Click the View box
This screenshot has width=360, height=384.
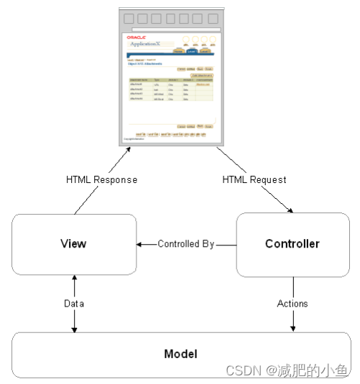click(74, 244)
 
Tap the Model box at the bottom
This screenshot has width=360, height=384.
click(180, 355)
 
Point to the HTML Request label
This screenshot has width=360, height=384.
click(254, 179)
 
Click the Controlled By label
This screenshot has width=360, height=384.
click(186, 244)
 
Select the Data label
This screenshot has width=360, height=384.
click(73, 304)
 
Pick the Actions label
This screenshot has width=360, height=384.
click(292, 304)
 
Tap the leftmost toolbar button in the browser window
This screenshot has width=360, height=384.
click(129, 19)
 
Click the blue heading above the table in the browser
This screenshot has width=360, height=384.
click(147, 64)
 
